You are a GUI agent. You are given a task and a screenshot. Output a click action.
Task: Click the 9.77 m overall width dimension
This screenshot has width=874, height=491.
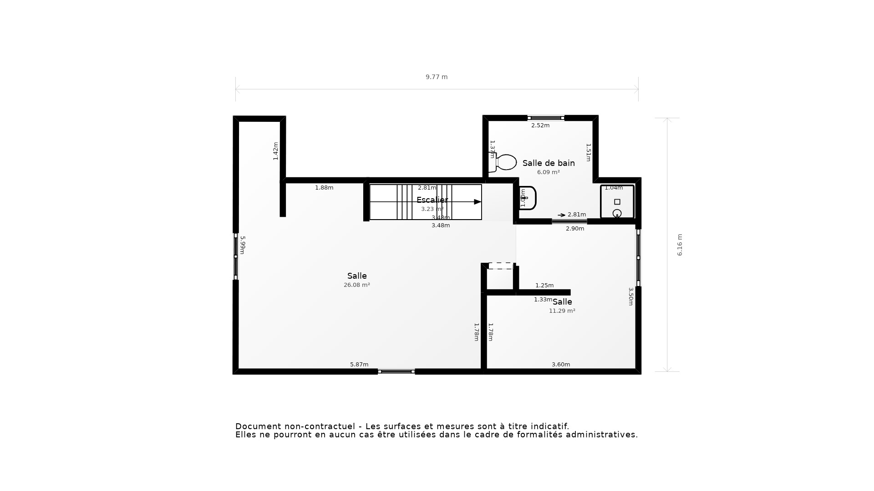click(437, 77)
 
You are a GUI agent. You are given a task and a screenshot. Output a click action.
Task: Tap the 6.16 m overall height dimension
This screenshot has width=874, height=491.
click(680, 245)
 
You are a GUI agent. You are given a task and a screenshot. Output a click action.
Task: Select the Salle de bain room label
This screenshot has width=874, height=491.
click(548, 163)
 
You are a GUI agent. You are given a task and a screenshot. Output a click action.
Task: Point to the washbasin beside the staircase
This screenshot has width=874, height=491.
click(528, 198)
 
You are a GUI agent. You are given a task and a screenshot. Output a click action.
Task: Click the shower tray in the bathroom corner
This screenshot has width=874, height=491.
click(617, 202)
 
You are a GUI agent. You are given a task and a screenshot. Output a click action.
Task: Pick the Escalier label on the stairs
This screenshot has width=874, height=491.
click(432, 200)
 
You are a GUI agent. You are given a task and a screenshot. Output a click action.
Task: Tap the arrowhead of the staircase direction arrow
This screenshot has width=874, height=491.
click(478, 202)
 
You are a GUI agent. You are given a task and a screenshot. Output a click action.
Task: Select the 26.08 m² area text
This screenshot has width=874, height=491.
click(356, 285)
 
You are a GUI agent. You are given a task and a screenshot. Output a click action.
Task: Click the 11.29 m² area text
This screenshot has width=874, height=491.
click(562, 311)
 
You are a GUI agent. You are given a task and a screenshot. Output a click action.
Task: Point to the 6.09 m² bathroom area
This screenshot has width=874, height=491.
click(548, 172)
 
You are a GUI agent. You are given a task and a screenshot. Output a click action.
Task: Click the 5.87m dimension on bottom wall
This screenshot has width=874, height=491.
click(359, 365)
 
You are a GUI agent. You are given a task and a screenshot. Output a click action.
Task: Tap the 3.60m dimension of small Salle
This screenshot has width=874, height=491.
click(561, 365)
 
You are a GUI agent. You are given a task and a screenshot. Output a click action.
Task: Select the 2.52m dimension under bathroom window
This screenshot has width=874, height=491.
click(540, 125)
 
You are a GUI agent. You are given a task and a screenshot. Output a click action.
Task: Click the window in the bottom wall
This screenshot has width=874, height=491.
click(396, 371)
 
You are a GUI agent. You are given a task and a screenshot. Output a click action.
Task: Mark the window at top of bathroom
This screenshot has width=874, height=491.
click(546, 118)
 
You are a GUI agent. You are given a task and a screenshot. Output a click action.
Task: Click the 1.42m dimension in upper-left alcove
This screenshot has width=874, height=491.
click(275, 151)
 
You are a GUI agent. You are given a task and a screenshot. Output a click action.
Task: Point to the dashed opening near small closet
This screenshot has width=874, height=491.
click(501, 266)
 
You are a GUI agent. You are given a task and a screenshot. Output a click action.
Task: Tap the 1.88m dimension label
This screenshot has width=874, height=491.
click(324, 188)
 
